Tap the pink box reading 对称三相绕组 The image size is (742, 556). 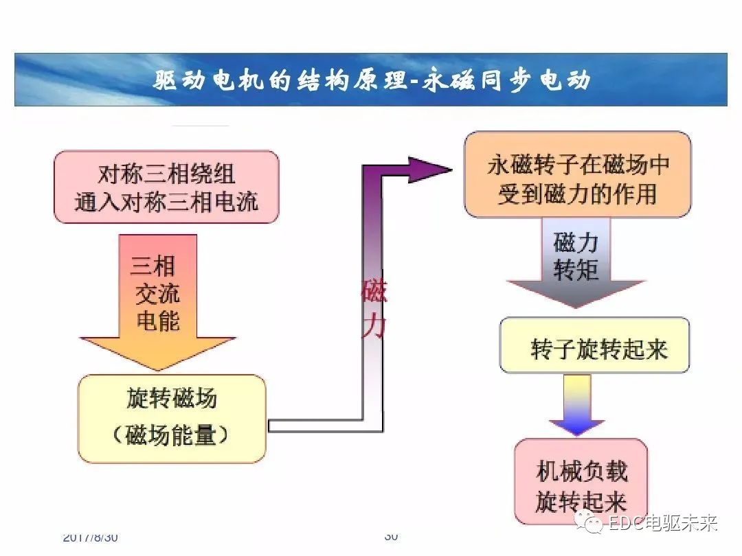(x=166, y=187)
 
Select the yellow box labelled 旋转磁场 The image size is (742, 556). (x=172, y=418)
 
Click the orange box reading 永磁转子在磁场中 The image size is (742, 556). (x=577, y=175)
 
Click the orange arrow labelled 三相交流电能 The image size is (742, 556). (x=158, y=302)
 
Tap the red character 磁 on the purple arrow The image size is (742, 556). (x=374, y=292)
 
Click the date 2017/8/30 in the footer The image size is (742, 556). (x=90, y=537)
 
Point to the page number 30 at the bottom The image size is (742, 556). (x=391, y=536)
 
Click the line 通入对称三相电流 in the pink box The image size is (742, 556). (x=166, y=202)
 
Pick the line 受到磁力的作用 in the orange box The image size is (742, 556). (x=577, y=194)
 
